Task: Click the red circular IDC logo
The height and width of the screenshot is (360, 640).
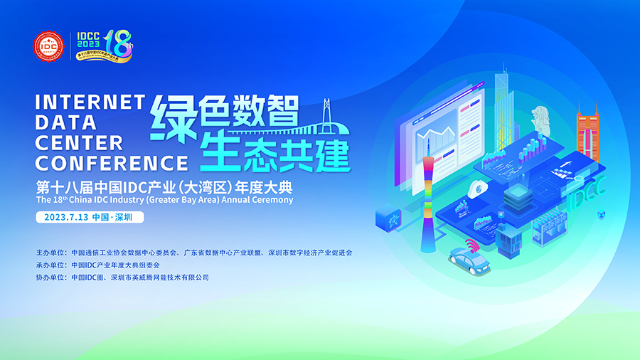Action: [x=50, y=48]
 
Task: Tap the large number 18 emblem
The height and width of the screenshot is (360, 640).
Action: [x=119, y=45]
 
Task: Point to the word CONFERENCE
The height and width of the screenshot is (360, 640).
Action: [x=112, y=163]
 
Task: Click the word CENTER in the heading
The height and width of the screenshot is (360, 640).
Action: [x=79, y=142]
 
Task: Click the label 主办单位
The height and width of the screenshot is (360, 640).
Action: [x=50, y=253]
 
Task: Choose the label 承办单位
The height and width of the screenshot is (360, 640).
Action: [x=50, y=265]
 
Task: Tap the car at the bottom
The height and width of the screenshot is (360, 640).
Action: [x=470, y=262]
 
